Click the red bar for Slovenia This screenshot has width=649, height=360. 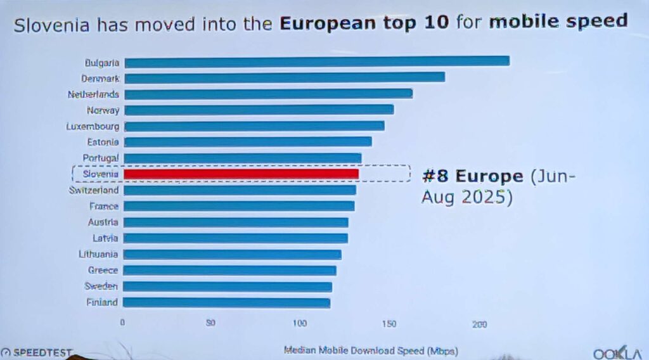[241, 174]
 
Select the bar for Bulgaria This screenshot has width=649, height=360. [317, 61]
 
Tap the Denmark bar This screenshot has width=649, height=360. [285, 77]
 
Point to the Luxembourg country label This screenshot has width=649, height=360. [93, 126]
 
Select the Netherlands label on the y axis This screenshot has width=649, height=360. [93, 94]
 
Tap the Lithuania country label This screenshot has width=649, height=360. [98, 254]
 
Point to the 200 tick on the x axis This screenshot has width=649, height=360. [479, 324]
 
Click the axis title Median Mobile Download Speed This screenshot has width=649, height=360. [371, 350]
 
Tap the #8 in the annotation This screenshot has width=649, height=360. [436, 176]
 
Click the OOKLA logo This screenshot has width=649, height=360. [617, 353]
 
